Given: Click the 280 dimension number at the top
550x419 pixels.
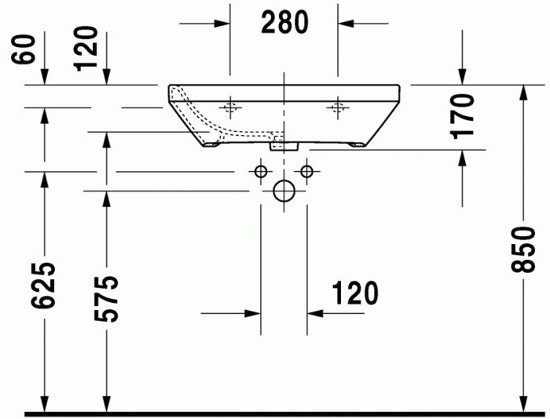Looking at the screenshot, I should pos(284,24).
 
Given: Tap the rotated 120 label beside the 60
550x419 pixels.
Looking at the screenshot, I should pos(88,48).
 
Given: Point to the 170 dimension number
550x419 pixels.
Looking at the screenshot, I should pos(464,115).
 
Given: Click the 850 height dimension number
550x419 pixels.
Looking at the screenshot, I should pos(519,250).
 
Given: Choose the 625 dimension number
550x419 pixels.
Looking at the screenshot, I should pos(46,286).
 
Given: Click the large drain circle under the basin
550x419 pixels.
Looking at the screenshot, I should pos(283,191).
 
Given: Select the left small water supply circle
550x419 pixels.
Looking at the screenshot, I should pos(260,171).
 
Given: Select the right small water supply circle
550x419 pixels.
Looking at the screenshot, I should pos(306,171).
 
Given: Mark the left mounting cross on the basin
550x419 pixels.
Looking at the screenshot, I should pos(230,106).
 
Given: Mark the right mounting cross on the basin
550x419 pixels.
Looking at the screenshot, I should pos(339,106).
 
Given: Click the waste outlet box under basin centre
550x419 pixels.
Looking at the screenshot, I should pos(283,144).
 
